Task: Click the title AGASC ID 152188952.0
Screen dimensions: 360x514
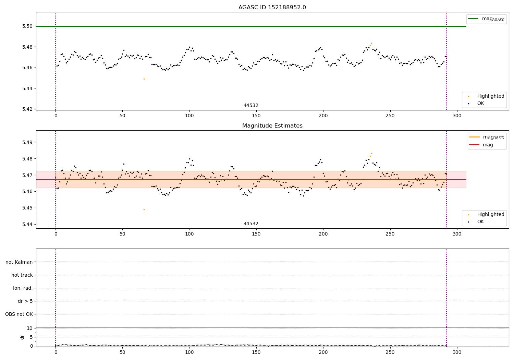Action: (272, 8)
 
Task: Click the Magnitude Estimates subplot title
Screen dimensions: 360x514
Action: (272, 126)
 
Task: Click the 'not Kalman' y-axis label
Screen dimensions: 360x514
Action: (19, 262)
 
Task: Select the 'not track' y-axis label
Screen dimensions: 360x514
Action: (22, 275)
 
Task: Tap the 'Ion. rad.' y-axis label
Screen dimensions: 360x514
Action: (23, 288)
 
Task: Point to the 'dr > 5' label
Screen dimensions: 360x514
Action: (25, 301)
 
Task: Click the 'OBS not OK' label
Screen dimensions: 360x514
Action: (19, 314)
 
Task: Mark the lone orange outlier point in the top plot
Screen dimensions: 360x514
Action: (144, 79)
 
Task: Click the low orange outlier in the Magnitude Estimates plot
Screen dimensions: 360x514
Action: (144, 209)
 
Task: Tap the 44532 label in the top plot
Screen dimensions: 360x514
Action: (251, 106)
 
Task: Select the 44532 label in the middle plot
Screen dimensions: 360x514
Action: (251, 224)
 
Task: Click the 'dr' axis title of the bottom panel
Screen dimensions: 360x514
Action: (22, 337)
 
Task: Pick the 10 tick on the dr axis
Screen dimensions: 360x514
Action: (29, 328)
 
